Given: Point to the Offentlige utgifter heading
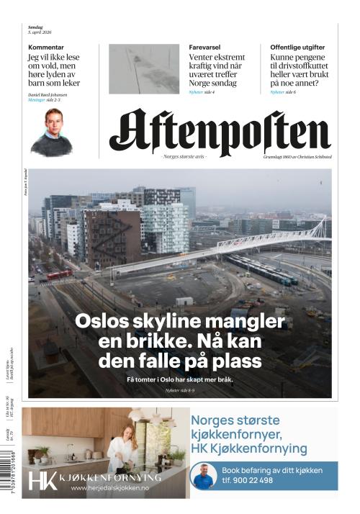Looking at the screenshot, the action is click(x=297, y=47).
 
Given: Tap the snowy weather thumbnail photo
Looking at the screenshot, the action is click(x=144, y=69).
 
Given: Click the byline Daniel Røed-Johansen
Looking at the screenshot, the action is click(x=48, y=95).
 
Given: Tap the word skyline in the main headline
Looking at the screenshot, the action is click(x=168, y=320).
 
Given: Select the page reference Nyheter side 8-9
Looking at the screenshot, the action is click(x=180, y=390).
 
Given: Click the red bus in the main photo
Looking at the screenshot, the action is click(x=59, y=274).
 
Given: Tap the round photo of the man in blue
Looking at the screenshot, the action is click(x=204, y=476).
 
